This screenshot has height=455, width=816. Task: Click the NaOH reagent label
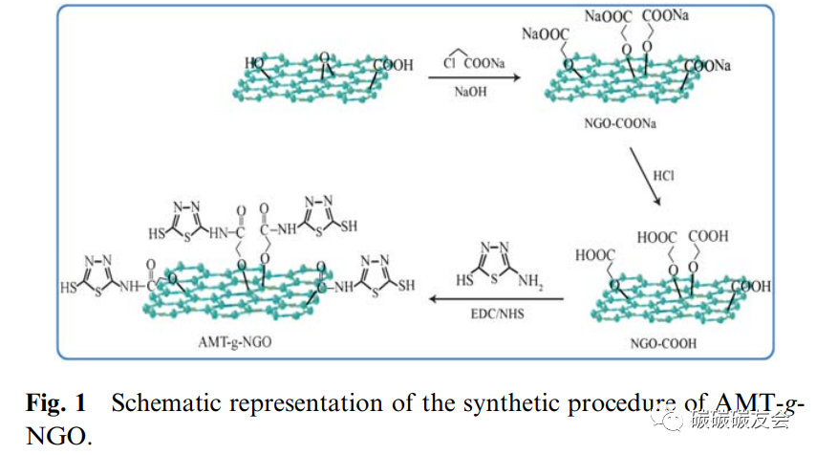[x=468, y=91]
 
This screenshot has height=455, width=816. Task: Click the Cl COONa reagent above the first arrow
[x=470, y=62]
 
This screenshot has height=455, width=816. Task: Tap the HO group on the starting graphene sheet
[x=254, y=64]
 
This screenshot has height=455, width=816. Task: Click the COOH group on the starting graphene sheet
[x=393, y=66]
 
